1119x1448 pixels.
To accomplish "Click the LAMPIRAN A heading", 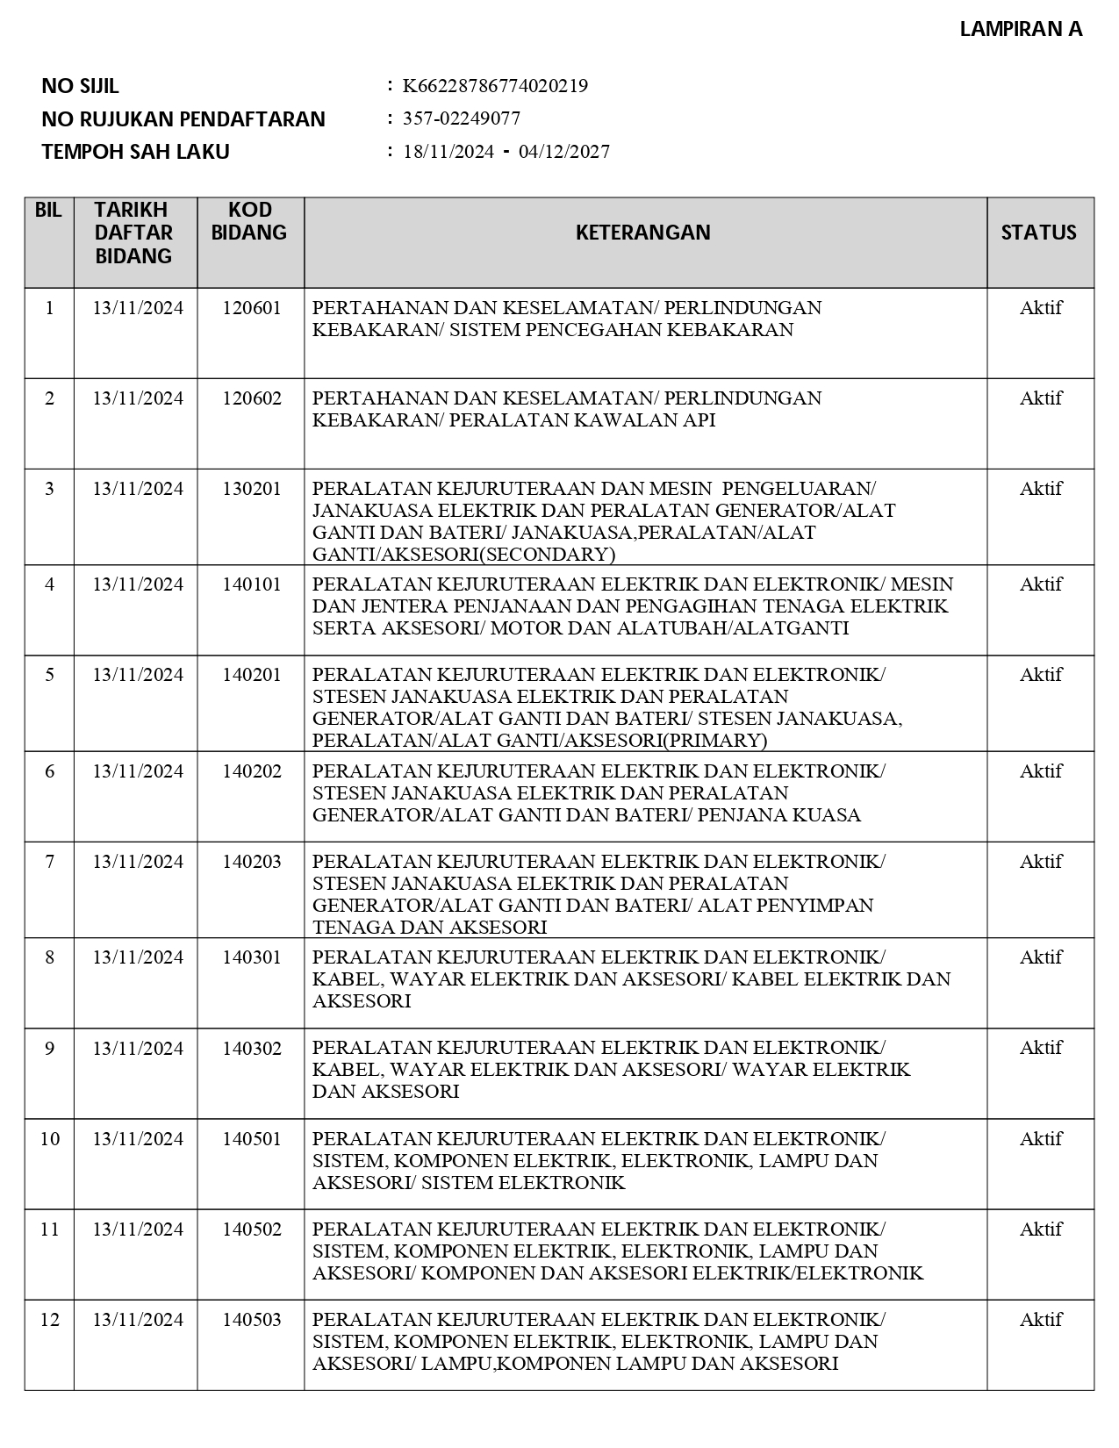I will click(1021, 29).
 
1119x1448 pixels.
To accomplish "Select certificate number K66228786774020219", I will click(495, 86).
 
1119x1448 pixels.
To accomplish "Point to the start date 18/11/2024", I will click(448, 152).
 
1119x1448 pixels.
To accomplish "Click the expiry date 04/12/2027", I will click(564, 152).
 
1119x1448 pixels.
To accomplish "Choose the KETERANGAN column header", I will click(643, 233).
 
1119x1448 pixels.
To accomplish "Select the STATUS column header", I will click(1039, 233).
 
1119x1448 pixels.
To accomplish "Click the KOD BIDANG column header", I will click(250, 221).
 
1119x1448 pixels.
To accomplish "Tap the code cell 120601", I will click(252, 308).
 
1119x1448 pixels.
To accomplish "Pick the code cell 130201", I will click(252, 489).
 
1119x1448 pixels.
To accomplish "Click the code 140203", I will click(252, 862).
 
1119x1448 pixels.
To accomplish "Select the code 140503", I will click(252, 1320).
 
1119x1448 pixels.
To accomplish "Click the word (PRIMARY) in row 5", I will click(714, 741).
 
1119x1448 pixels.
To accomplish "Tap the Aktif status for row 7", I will click(1041, 862).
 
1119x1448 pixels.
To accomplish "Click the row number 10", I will click(50, 1139).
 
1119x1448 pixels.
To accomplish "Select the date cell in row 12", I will click(138, 1320).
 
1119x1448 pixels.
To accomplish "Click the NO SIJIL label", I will click(80, 86).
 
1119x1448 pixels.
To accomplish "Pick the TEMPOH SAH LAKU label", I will click(135, 152).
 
